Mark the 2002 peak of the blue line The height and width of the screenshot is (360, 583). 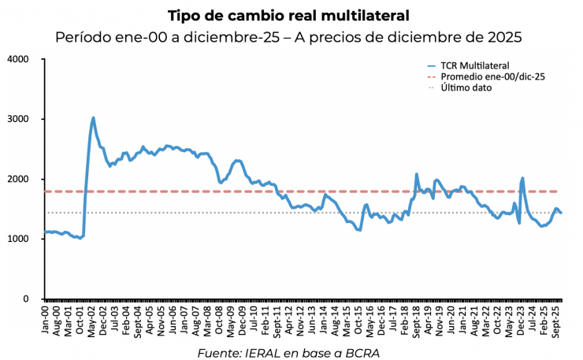point(93,118)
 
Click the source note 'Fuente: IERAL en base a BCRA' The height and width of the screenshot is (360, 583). point(288,351)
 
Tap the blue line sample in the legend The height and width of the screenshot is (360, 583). point(430,65)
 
